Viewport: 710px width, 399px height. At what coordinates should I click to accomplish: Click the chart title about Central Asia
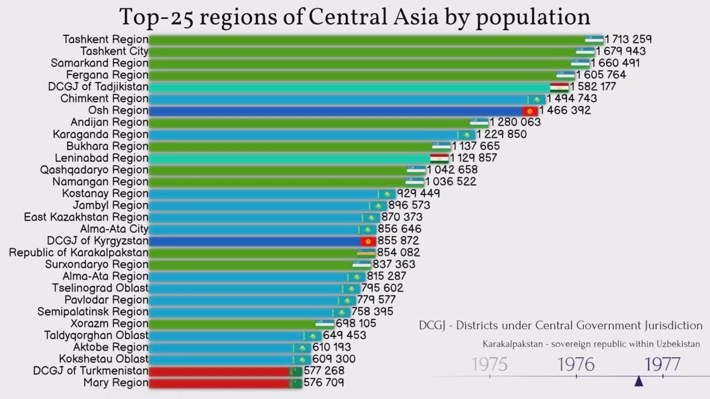[x=354, y=17]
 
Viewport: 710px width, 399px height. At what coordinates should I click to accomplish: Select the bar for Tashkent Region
[x=366, y=39]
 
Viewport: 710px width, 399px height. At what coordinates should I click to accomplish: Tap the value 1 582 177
[x=593, y=86]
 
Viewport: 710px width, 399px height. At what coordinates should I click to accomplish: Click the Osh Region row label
[x=118, y=110]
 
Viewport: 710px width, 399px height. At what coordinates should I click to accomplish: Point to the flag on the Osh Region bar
[x=530, y=111]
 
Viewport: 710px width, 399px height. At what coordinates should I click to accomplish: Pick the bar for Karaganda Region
[x=302, y=134]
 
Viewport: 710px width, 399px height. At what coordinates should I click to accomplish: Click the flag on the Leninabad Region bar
[x=439, y=158]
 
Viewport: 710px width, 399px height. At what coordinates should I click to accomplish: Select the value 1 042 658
[x=452, y=170]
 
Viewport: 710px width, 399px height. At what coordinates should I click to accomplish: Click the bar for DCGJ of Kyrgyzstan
[x=255, y=241]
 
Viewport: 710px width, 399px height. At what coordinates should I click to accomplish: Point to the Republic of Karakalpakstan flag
[x=366, y=253]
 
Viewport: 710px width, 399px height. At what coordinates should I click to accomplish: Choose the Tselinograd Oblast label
[x=100, y=288]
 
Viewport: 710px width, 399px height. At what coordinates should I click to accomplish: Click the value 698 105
[x=356, y=323]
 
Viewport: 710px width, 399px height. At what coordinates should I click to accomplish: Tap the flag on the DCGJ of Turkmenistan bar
[x=295, y=371]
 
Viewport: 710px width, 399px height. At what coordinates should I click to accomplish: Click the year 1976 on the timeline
[x=576, y=364]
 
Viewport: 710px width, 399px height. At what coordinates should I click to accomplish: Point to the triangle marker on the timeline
[x=638, y=381]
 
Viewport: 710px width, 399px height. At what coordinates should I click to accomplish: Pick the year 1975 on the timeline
[x=489, y=364]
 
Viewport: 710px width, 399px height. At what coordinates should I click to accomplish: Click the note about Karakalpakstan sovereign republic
[x=591, y=344]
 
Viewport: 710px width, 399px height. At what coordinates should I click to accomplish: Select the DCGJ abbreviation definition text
[x=560, y=326]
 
